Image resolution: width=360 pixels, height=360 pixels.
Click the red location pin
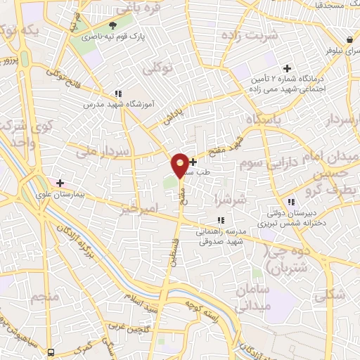[x=180, y=165]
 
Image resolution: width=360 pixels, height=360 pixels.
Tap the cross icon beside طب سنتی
[x=193, y=162]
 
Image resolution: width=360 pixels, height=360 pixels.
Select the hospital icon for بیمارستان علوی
[x=60, y=184]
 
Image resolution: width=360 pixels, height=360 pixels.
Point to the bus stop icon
[x=51, y=351]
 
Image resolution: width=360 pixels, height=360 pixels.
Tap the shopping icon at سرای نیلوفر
[x=349, y=39]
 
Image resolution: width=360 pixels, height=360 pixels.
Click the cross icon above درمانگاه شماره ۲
[x=287, y=68]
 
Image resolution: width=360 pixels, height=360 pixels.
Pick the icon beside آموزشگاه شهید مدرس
[x=118, y=94]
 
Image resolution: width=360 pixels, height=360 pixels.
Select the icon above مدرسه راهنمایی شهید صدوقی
[x=221, y=220]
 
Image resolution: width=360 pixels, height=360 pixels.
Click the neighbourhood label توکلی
[x=157, y=69]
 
